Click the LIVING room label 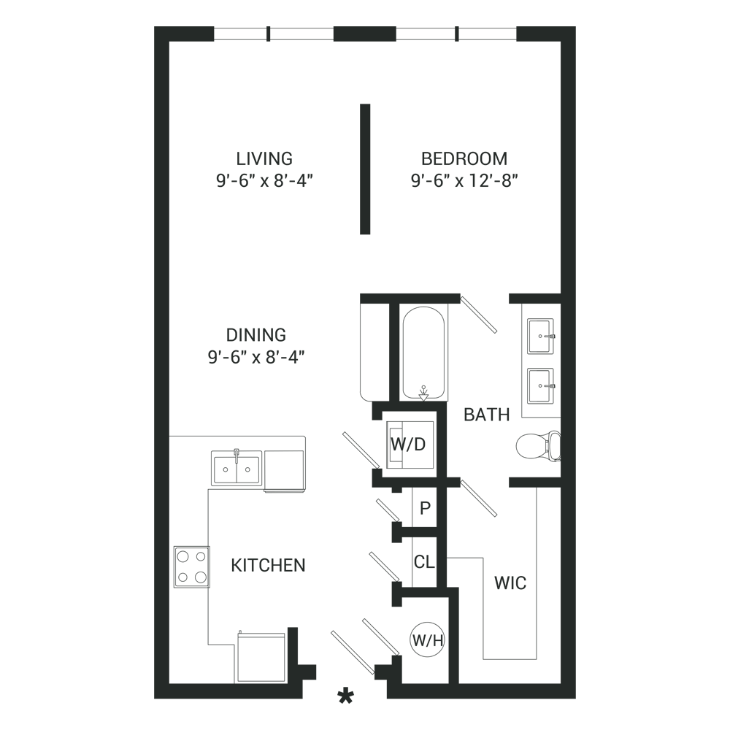pyautogui.click(x=264, y=158)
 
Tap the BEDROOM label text pyautogui.click(x=464, y=158)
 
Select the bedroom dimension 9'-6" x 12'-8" pyautogui.click(x=464, y=180)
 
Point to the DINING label pyautogui.click(x=256, y=335)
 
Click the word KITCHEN pyautogui.click(x=268, y=565)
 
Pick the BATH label pyautogui.click(x=487, y=415)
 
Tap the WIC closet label pyautogui.click(x=510, y=583)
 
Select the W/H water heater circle pyautogui.click(x=427, y=640)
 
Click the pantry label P pyautogui.click(x=425, y=508)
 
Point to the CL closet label pyautogui.click(x=424, y=562)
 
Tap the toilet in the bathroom pyautogui.click(x=538, y=446)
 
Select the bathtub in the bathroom pyautogui.click(x=423, y=353)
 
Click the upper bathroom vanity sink pyautogui.click(x=540, y=336)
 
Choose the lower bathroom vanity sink pyautogui.click(x=540, y=386)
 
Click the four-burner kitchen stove pyautogui.click(x=192, y=566)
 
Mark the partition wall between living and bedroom pyautogui.click(x=365, y=169)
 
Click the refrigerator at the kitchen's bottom pyautogui.click(x=261, y=658)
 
